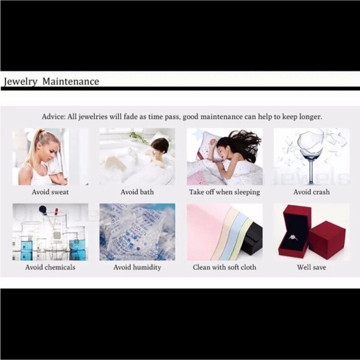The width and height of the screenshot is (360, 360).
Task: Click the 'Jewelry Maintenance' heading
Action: coord(52,82)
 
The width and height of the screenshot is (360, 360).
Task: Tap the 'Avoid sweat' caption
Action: coord(50,192)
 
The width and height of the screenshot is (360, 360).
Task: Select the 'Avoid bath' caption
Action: coord(137,192)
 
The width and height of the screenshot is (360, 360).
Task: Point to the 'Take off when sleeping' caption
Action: coord(224,192)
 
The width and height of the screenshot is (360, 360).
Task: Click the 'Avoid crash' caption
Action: coord(312,192)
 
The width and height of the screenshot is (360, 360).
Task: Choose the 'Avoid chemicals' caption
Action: coord(50,268)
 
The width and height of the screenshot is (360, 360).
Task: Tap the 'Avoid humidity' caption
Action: coord(137,268)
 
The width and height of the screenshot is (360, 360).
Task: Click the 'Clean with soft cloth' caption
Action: coord(224,268)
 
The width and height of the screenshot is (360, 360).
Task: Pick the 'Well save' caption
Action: coord(312,268)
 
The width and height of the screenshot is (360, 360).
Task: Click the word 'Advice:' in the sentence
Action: coord(54,117)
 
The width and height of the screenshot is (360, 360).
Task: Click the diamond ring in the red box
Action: coord(293,237)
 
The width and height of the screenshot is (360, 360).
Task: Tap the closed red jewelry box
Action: coord(326,240)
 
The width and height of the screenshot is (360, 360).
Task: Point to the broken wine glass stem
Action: coord(310,172)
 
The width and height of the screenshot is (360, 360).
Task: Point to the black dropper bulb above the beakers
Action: coord(43,209)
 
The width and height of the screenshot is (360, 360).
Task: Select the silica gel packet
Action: coord(135,232)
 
